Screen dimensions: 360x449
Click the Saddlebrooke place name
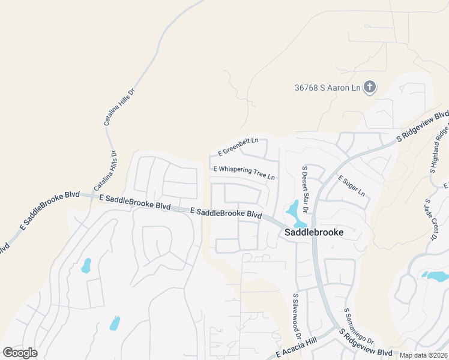tap(313, 232)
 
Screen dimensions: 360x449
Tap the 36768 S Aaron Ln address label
tap(327, 88)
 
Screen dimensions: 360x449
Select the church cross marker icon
tap(370, 88)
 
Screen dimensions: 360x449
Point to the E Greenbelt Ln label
tap(238, 145)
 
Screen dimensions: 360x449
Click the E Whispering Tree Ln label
tap(244, 173)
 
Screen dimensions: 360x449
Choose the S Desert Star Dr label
tap(305, 189)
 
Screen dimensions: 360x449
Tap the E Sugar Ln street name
tap(351, 186)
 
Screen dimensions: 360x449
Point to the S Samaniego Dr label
tap(351, 328)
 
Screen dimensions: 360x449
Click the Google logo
tap(20, 353)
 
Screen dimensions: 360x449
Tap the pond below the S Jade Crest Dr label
tap(435, 276)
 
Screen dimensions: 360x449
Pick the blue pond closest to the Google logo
tap(115, 323)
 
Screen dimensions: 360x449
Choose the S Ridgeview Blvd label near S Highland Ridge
tap(424, 125)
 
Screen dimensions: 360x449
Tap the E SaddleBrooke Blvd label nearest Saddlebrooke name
tap(226, 212)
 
